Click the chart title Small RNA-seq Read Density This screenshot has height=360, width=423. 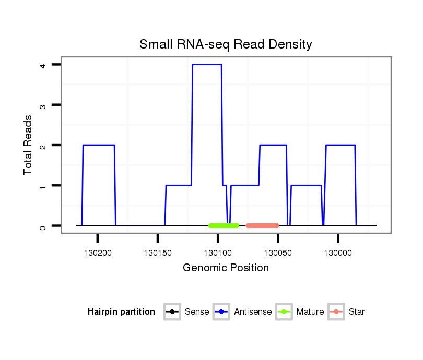(226, 44)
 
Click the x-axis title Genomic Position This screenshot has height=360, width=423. (226, 268)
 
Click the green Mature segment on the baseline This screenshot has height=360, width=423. (224, 226)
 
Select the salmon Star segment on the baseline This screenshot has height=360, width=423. (262, 226)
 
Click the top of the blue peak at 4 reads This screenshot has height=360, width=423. (207, 64)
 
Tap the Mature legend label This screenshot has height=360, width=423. (310, 312)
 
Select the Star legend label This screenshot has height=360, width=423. (356, 312)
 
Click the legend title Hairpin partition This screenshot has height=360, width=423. (121, 312)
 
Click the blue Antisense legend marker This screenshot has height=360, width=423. (221, 312)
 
